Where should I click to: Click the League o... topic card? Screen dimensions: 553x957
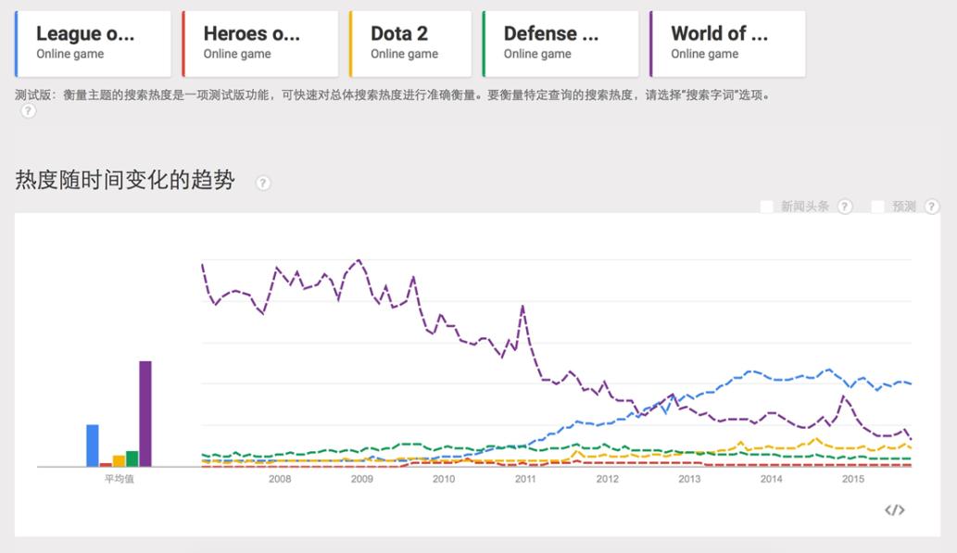[x=94, y=44]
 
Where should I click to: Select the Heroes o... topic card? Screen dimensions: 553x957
[x=260, y=44]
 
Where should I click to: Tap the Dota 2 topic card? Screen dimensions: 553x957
[x=410, y=44]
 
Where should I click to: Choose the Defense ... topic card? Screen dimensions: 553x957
[x=560, y=44]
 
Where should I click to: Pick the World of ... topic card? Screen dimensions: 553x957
[x=727, y=44]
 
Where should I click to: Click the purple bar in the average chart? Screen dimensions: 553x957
[x=145, y=413]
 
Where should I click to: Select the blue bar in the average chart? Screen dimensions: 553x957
[x=93, y=445]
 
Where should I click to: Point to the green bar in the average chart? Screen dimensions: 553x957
[x=132, y=458]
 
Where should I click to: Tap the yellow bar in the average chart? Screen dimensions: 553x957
[x=119, y=460]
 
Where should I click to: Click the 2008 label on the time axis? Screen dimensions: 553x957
[x=280, y=479]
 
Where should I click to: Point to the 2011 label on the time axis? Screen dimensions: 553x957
[x=525, y=479]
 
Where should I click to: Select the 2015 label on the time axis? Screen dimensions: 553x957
[x=852, y=479]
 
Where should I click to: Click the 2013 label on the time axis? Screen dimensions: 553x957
[x=689, y=479]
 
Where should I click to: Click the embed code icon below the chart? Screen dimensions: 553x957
[x=894, y=509]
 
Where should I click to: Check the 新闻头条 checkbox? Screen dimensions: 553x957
[x=766, y=207]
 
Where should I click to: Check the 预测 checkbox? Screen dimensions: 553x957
[x=877, y=207]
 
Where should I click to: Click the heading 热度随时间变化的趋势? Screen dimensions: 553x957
[x=125, y=181]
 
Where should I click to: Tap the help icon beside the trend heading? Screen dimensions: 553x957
[x=263, y=182]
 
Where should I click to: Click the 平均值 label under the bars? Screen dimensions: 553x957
[x=119, y=479]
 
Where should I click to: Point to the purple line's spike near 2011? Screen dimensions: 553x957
[x=523, y=307]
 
